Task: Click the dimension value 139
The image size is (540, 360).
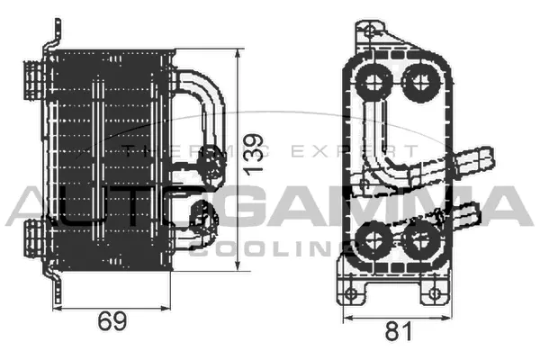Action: (255, 155)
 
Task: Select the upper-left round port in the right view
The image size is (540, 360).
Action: (373, 83)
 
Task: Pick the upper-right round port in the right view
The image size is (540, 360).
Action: (417, 83)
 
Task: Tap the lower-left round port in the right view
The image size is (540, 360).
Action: (373, 239)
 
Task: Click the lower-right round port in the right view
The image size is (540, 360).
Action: (417, 239)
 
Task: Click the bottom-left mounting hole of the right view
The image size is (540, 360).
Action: (354, 292)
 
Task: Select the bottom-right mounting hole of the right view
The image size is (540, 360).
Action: (436, 292)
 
